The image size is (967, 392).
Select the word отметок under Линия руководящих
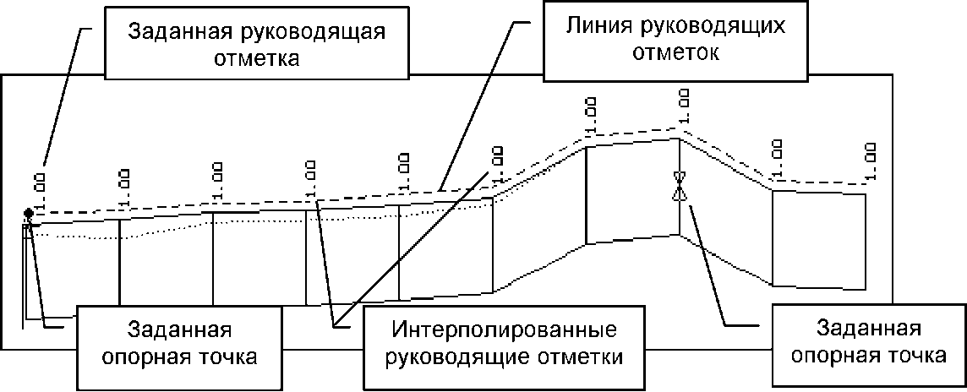pyautogui.click(x=676, y=54)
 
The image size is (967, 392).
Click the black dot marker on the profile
pyautogui.click(x=29, y=212)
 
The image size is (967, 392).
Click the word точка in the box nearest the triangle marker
pyautogui.click(x=919, y=356)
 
